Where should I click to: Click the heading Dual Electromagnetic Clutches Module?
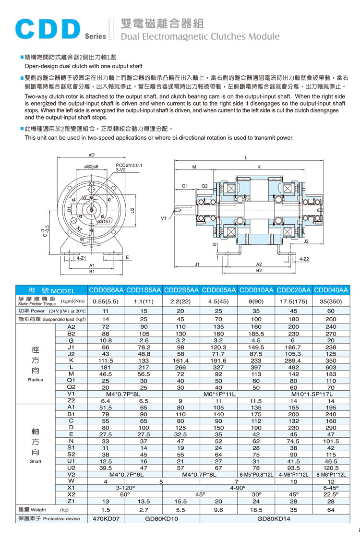pos(200,36)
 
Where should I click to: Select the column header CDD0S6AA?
pos(106,290)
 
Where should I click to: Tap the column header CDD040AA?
pos(331,290)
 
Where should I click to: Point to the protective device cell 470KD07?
pos(106,518)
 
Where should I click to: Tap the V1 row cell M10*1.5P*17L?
pos(312,394)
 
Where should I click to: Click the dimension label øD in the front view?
pos(91,155)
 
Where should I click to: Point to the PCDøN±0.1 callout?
pos(129,165)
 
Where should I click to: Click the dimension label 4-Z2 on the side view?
pos(304,259)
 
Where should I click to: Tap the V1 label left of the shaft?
pos(164,218)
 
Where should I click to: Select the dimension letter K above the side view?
pos(259,168)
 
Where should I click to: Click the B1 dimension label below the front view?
pos(92,272)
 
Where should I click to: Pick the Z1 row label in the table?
pos(71,501)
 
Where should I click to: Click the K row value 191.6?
pos(218,360)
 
